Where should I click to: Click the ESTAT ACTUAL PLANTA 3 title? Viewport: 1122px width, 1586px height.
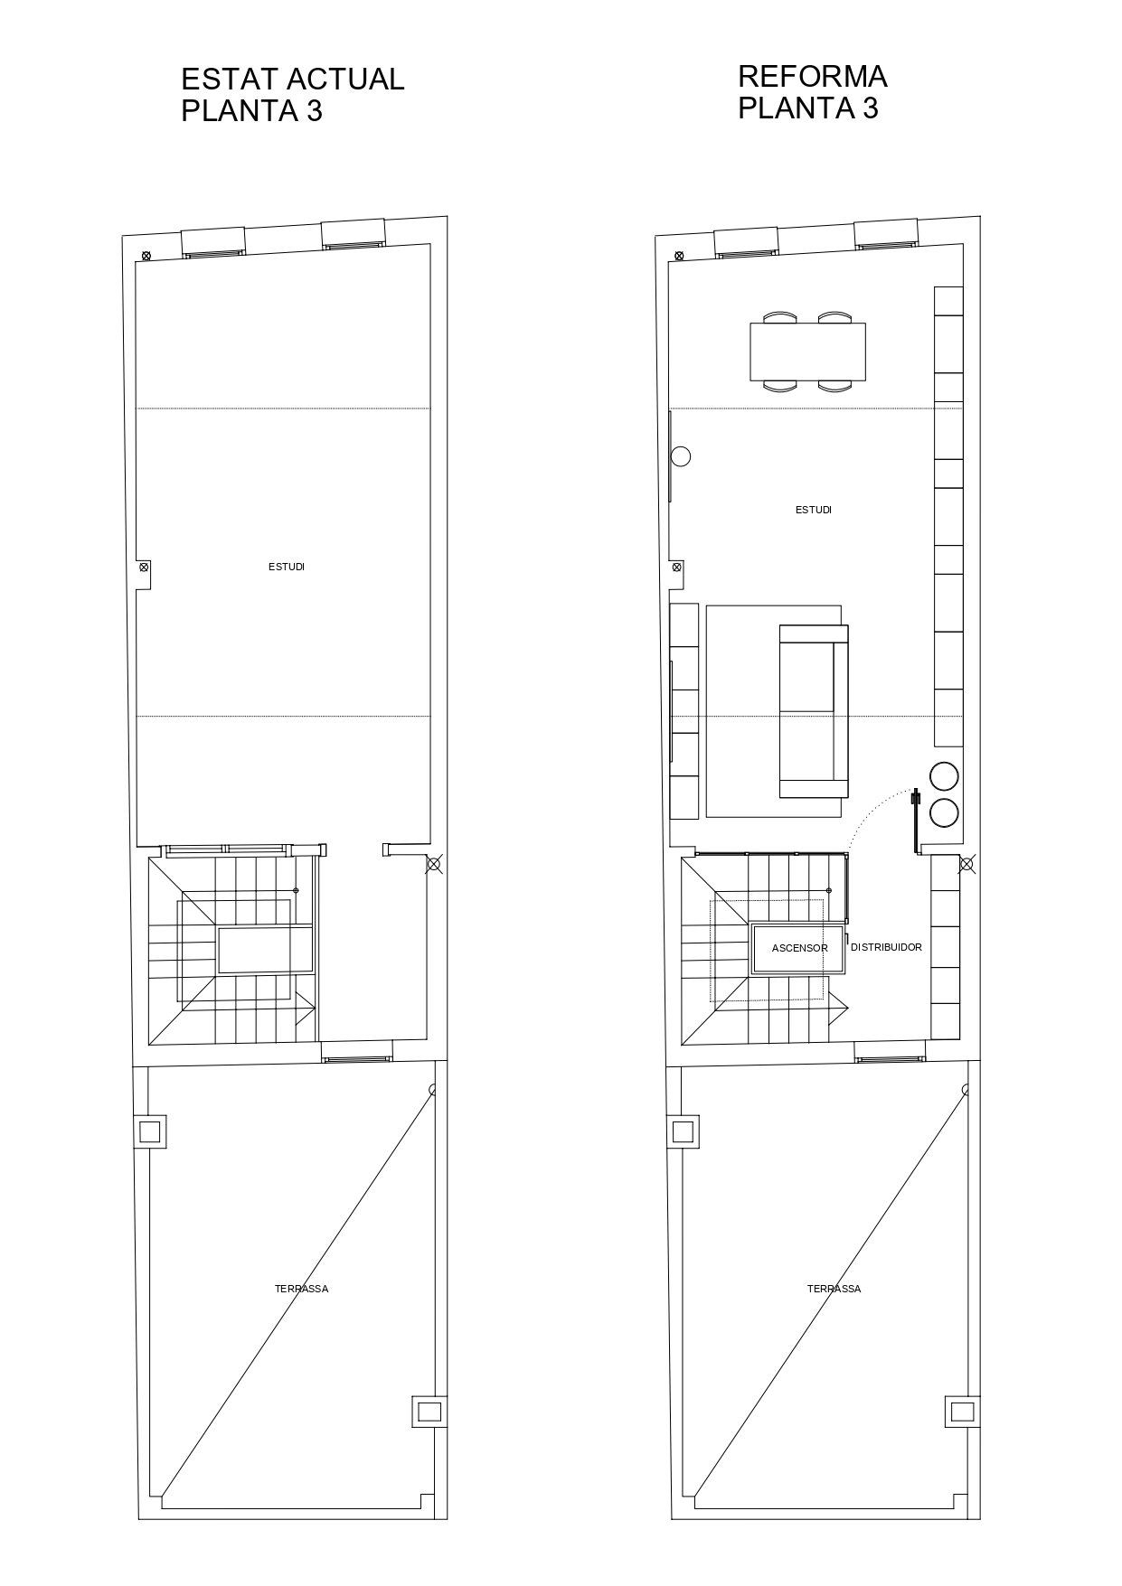click(x=292, y=94)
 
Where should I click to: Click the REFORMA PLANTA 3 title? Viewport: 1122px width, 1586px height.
click(x=812, y=91)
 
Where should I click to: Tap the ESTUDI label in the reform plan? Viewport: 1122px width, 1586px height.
click(x=814, y=510)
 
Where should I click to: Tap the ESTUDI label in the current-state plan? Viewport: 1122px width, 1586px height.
click(x=287, y=567)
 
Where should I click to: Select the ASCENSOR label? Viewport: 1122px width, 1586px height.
click(x=799, y=948)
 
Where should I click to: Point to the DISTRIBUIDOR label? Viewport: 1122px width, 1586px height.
click(x=886, y=947)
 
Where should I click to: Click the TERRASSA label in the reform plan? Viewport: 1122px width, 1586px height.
click(x=834, y=1289)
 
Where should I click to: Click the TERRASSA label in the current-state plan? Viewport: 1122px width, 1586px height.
click(x=301, y=1289)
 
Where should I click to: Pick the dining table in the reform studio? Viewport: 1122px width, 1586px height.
click(x=807, y=352)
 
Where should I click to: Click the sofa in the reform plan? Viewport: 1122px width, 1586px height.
click(x=814, y=711)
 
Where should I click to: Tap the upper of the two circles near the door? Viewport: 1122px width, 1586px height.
click(x=944, y=776)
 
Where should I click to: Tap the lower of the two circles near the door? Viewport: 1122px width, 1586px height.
click(x=944, y=812)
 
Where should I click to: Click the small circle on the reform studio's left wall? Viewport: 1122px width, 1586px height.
click(x=681, y=456)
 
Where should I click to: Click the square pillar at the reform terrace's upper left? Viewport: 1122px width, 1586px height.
click(x=684, y=1131)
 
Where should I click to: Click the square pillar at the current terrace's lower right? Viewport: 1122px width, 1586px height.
click(x=430, y=1412)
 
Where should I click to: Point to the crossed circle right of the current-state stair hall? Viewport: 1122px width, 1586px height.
click(x=434, y=865)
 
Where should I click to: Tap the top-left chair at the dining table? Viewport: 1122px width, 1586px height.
click(x=780, y=317)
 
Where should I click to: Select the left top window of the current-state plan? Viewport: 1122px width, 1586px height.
click(x=213, y=243)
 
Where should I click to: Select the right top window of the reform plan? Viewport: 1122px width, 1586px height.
click(x=887, y=233)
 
